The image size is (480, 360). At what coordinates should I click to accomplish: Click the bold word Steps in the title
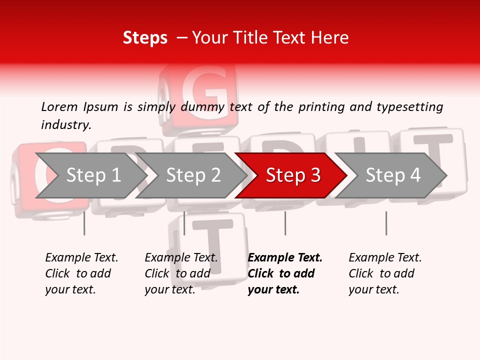145,38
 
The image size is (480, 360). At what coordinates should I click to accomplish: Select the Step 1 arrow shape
90,175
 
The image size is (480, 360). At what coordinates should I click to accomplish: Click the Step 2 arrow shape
193,175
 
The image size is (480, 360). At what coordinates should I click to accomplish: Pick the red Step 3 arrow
292,175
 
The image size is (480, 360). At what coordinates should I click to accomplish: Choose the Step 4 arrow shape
393,175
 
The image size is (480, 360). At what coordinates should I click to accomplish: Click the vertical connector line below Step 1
84,223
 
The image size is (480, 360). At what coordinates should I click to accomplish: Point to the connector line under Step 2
184,223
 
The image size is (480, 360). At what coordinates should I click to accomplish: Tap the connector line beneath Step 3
285,223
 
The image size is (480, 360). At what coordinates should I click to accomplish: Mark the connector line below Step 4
386,223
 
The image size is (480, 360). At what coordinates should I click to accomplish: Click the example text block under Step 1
81,273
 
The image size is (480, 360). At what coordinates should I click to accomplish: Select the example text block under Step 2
180,273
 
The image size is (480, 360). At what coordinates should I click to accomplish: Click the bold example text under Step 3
284,273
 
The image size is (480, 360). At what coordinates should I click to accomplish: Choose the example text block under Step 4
384,273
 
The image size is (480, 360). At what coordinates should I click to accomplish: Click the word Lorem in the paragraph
59,107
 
